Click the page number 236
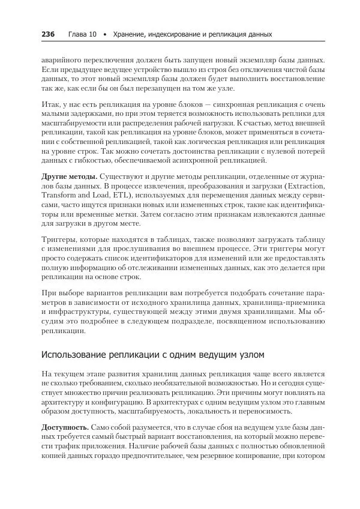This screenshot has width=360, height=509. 48,34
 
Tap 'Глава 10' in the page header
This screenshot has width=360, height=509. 82,34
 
